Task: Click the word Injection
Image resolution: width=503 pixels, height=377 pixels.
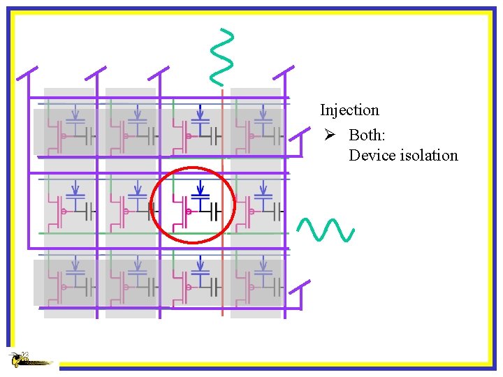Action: point(349,110)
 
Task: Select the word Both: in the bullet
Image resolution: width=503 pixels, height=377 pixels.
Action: point(367,134)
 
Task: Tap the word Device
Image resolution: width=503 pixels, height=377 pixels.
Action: point(372,155)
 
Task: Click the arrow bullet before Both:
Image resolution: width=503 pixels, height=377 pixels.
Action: point(326,134)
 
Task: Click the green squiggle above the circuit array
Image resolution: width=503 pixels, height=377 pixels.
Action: point(222,53)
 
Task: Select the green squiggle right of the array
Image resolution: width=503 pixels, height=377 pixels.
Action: point(326,230)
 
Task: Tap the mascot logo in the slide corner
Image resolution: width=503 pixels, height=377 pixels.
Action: point(28,360)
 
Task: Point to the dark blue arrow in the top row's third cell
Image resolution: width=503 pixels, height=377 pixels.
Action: point(201,112)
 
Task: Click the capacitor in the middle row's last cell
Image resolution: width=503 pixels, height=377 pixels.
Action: point(277,209)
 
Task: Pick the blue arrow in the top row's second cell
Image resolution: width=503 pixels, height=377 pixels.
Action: point(138,112)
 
